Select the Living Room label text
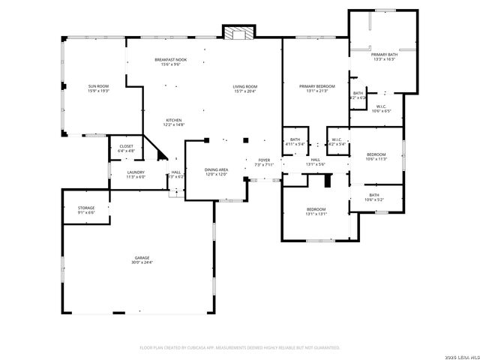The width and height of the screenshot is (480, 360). coord(245,88)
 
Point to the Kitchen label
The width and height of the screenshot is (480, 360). coord(175,122)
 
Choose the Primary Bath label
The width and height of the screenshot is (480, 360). coord(383,57)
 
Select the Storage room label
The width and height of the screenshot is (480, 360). coord(86,210)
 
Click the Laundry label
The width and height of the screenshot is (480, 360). coord(136,174)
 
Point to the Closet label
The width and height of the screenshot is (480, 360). coord(126,148)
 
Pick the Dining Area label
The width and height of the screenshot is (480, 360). coord(217,172)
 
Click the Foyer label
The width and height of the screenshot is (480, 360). coord(264,162)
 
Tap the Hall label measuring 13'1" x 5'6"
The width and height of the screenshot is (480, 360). coord(316,162)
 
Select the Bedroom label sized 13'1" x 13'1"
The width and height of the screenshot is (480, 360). coord(316,211)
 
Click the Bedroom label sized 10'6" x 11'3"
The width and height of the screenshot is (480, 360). coord(376,156)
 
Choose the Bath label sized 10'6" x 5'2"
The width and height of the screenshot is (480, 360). coord(373,197)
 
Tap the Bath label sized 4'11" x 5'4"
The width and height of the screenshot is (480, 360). coord(295,142)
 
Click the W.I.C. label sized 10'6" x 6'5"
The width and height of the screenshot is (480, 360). coord(381,109)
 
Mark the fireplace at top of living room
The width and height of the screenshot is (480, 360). coord(239,32)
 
